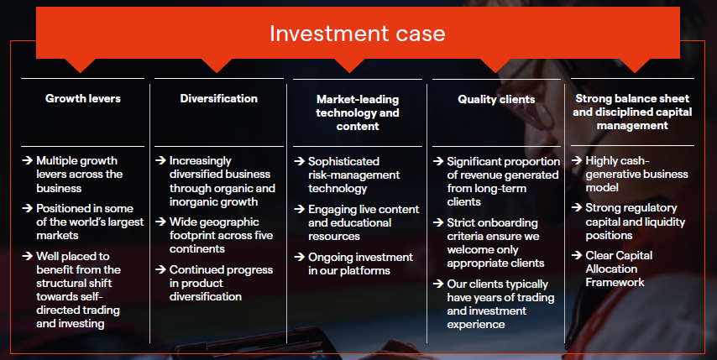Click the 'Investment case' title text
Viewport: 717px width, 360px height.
point(358,34)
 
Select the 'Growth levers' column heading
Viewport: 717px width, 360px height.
point(83,99)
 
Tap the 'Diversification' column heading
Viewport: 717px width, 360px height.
point(218,99)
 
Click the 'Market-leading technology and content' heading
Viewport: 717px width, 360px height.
point(358,112)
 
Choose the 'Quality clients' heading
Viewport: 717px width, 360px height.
point(496,99)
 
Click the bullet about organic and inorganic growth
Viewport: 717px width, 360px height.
point(222,181)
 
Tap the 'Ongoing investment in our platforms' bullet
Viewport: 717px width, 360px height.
point(360,263)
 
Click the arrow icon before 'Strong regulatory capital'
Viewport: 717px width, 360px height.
point(577,208)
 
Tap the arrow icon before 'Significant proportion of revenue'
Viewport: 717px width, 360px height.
point(439,161)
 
